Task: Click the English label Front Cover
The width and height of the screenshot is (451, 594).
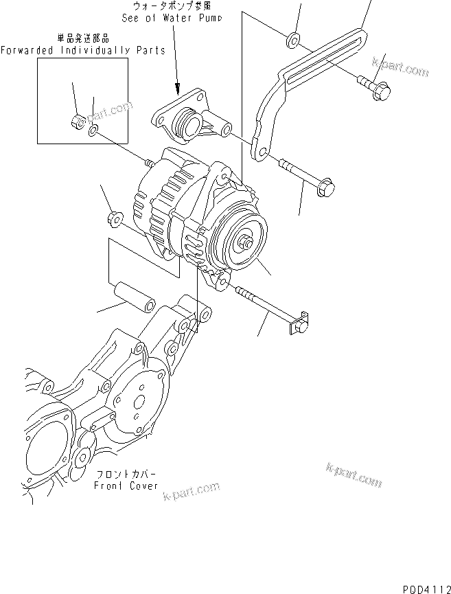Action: point(126,486)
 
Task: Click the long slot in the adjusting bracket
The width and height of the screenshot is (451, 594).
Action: point(323,66)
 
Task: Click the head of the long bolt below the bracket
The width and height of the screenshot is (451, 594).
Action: point(326,186)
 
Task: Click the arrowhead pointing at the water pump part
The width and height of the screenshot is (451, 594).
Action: point(177,89)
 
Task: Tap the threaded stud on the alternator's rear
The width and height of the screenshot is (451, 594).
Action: point(148,163)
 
